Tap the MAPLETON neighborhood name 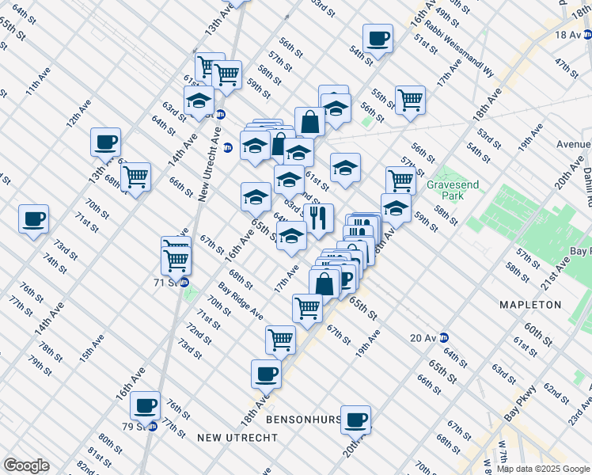pos(530,305)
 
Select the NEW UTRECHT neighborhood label pos(237,438)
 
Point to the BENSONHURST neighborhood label pos(305,419)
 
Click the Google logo pos(26,465)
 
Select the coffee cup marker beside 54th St pos(378,37)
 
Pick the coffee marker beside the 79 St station pos(145,405)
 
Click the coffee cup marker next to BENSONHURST pos(356,419)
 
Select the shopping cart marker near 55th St pos(410,99)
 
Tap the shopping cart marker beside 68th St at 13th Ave pos(136,177)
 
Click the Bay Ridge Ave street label pos(241,301)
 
